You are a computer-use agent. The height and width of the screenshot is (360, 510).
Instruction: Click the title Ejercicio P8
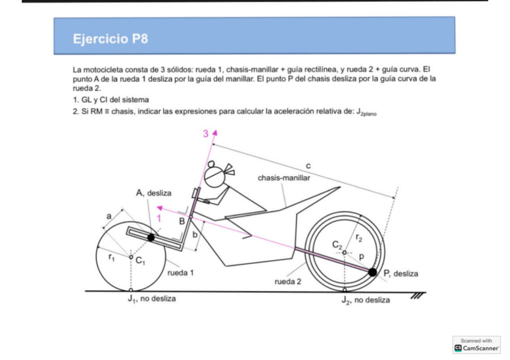tap(110, 40)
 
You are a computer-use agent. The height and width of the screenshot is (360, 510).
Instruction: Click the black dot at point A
tap(151, 237)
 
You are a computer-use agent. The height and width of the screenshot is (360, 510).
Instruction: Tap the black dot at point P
tap(373, 272)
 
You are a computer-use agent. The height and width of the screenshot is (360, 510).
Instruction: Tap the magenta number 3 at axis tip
tap(205, 133)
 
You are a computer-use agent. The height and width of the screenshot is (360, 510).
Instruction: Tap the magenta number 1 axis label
tap(159, 219)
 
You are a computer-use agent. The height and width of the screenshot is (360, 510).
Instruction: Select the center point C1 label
tap(140, 260)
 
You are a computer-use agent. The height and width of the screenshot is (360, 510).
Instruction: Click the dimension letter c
tap(307, 163)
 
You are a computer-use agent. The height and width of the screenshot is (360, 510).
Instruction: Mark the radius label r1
tap(112, 255)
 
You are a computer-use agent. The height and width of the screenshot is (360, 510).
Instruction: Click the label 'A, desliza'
tap(154, 193)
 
